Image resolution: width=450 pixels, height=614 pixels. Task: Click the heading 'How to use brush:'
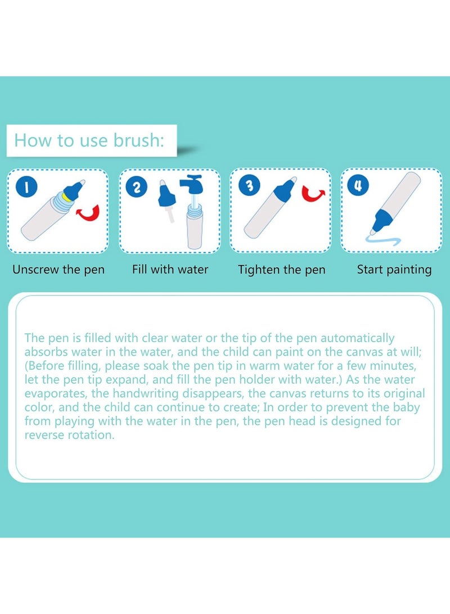coord(89,140)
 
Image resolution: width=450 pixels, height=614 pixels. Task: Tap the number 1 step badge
coord(26,187)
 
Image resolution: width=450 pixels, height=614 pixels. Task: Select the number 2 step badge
coord(137,187)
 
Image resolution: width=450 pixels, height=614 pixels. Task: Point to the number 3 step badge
coord(249,185)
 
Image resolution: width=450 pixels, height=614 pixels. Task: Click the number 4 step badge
coord(358,185)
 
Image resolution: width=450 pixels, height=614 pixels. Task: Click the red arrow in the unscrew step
coord(89,213)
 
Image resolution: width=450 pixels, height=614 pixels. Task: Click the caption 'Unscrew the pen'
coord(58,270)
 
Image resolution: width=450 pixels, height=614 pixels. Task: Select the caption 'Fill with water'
coord(170,270)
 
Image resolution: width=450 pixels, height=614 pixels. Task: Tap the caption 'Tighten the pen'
coord(282,270)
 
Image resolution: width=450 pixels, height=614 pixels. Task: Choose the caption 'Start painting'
coord(394,270)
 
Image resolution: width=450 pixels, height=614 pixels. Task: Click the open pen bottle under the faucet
coord(195,227)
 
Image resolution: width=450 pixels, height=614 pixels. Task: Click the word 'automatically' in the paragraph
coord(357,338)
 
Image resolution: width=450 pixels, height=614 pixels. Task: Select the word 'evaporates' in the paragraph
coord(56,393)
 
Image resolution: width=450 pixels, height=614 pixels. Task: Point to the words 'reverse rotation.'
coord(70,435)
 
